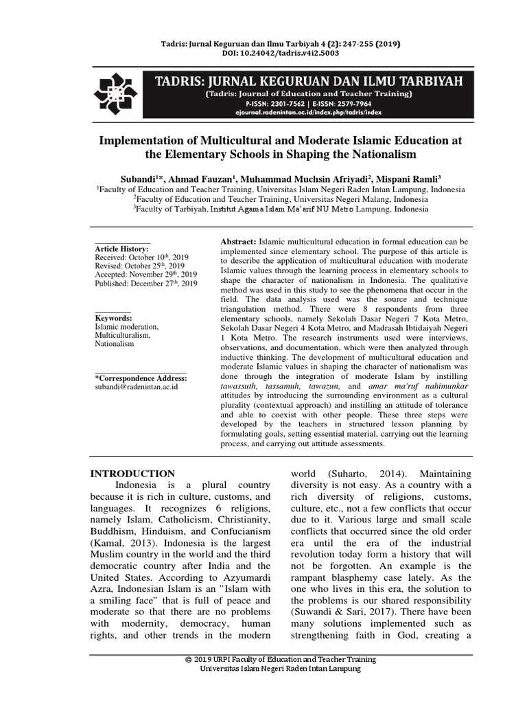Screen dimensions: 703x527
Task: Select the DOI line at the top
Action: (x=263, y=54)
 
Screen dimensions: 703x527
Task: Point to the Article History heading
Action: (x=121, y=248)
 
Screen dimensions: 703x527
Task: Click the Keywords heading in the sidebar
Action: (x=113, y=319)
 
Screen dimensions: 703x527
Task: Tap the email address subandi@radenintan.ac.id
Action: (x=137, y=387)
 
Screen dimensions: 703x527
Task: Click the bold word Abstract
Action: (x=237, y=243)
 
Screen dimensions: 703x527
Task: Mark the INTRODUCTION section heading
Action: (x=133, y=474)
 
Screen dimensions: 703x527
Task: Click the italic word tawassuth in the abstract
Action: (x=242, y=387)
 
